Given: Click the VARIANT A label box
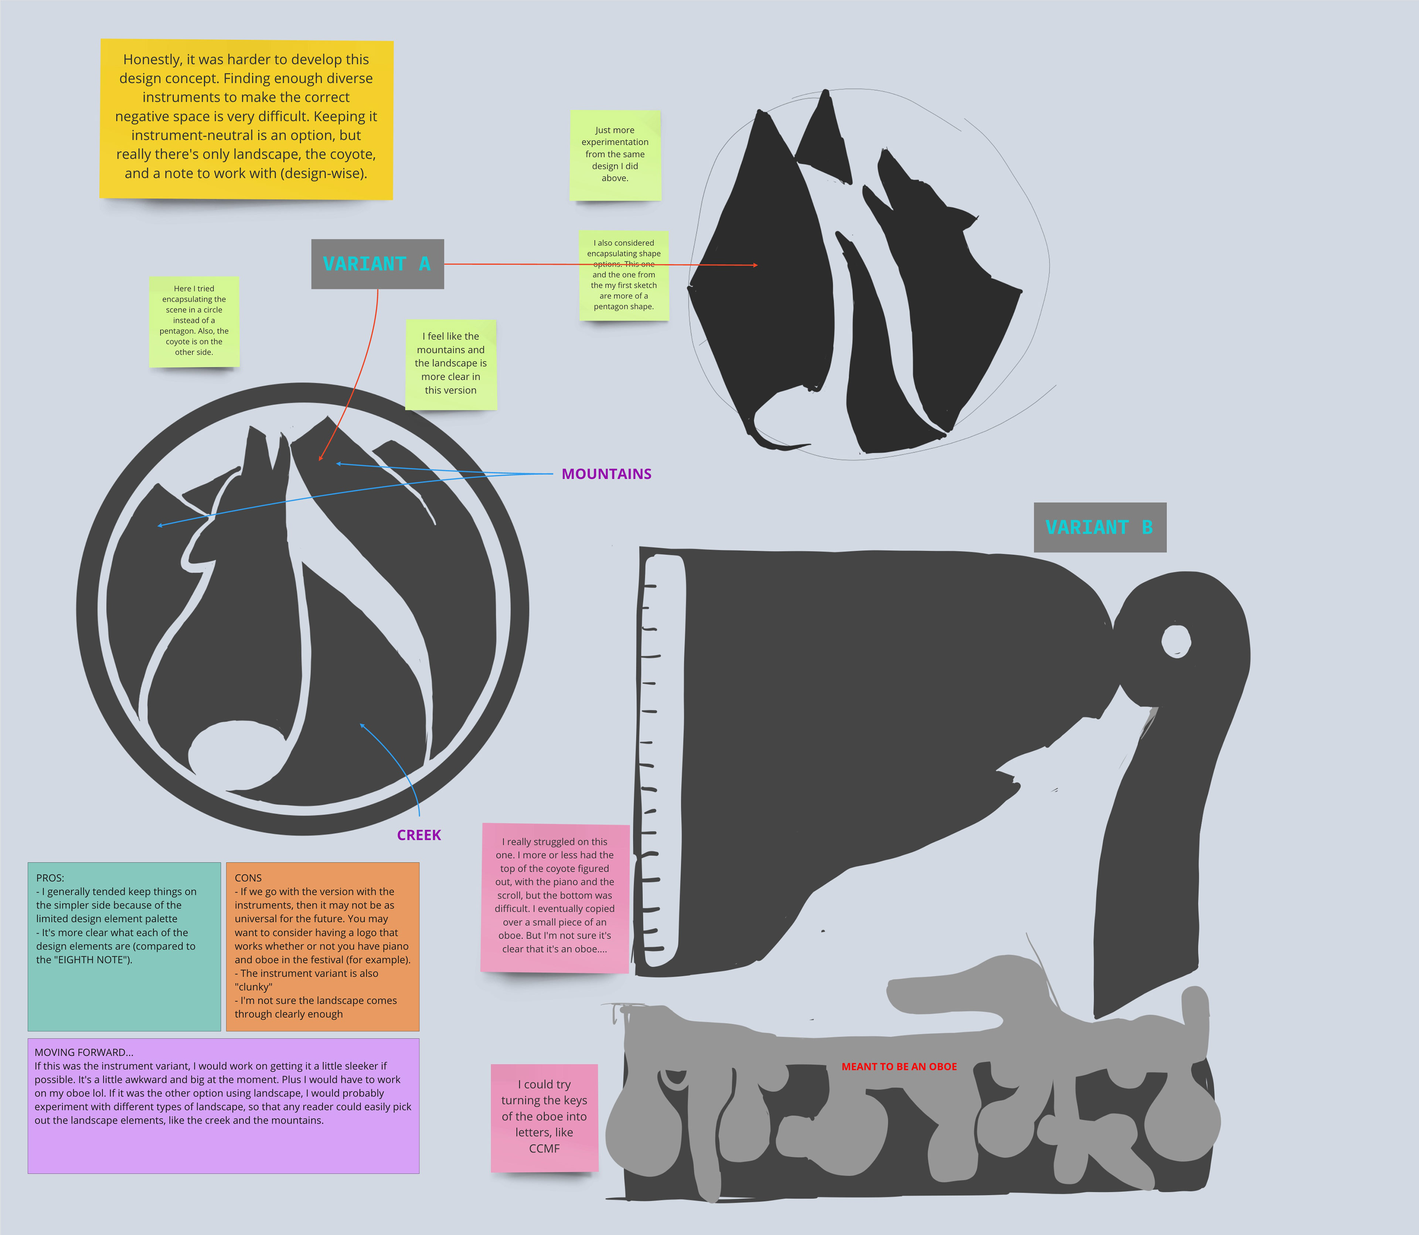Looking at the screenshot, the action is (x=377, y=264).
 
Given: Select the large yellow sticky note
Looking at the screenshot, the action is (x=246, y=119).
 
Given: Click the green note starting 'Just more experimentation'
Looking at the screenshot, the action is (x=615, y=155).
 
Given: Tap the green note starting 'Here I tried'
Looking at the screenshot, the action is (x=194, y=321).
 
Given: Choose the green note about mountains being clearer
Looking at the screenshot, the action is (x=451, y=364).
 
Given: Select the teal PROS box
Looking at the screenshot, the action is (x=124, y=946).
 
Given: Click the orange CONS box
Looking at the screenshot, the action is (x=323, y=946).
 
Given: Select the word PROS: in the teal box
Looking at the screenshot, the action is (x=50, y=878).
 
